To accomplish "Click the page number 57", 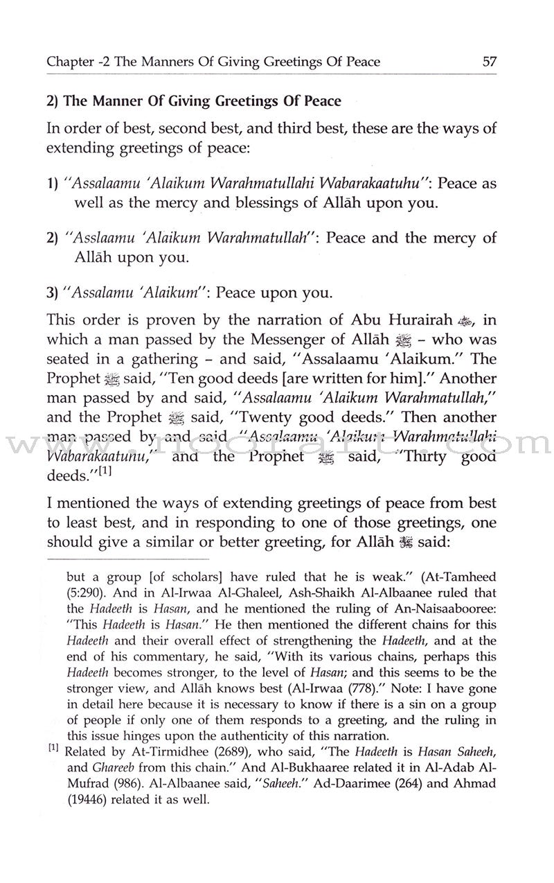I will (x=490, y=62).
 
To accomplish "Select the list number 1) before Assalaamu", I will (x=53, y=184).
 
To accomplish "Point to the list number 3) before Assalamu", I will (x=53, y=293).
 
